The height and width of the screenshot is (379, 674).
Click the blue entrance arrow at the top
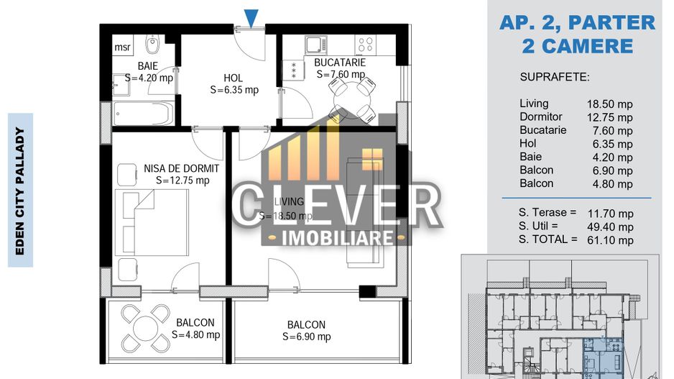click(251, 17)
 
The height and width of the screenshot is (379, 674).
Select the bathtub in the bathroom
click(144, 113)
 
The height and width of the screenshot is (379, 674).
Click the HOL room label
click(233, 78)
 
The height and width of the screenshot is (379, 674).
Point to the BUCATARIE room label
click(340, 63)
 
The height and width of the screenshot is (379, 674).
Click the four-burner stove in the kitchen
click(365, 45)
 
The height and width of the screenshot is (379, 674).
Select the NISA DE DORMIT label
click(182, 168)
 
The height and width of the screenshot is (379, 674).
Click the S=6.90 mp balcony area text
click(306, 337)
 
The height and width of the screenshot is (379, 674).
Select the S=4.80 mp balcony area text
click(195, 334)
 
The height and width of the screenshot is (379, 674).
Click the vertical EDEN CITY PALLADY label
click(20, 190)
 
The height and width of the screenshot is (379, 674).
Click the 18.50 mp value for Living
click(610, 104)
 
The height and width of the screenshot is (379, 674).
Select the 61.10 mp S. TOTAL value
click(610, 240)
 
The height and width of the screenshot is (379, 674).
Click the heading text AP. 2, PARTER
click(577, 23)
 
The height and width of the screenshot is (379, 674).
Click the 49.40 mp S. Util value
click(610, 227)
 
